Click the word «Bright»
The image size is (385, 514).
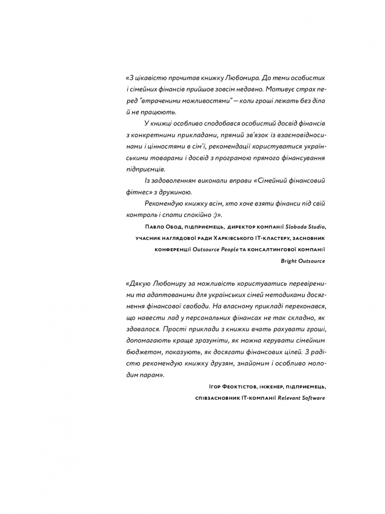(x=289, y=261)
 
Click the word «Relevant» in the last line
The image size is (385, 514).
(x=289, y=398)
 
